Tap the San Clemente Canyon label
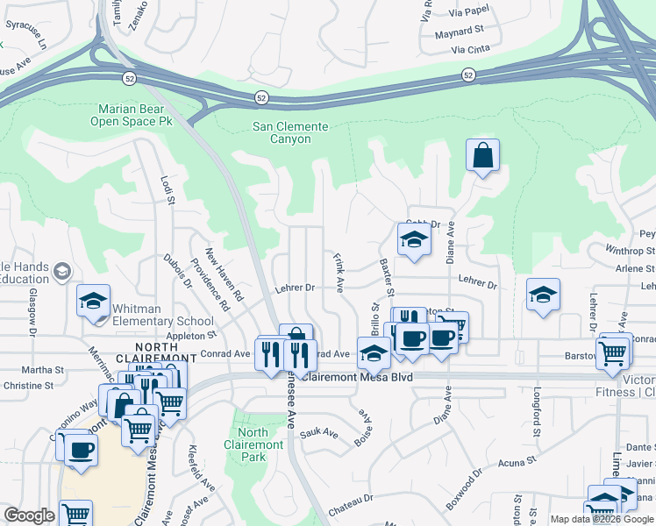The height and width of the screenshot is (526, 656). coord(290,132)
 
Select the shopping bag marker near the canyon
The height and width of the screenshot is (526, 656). coord(482,157)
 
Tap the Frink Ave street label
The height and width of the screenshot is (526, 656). coord(339,273)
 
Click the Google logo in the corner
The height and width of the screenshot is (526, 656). coord(29,515)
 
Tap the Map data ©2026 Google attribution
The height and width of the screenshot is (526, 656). coord(602,519)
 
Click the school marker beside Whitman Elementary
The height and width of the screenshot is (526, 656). coord(93,302)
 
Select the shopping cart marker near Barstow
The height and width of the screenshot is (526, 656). coord(612,352)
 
